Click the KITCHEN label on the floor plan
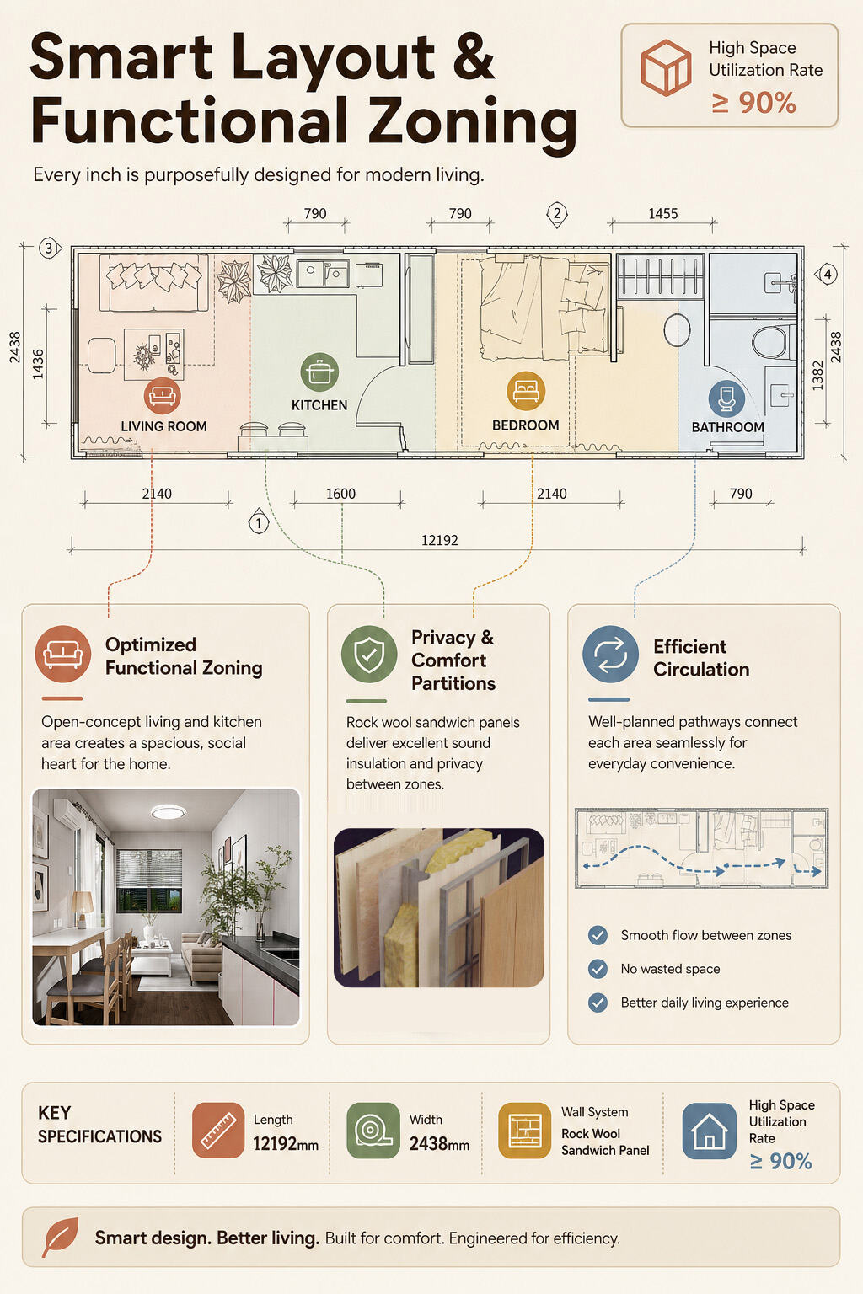point(319,405)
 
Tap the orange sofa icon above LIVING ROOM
point(163,396)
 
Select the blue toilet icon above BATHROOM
point(726,398)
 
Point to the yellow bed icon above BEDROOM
point(525,390)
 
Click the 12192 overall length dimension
point(439,540)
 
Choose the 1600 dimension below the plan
point(340,494)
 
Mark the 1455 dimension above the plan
point(662,214)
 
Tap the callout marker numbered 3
point(49,249)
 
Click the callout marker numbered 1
point(259,522)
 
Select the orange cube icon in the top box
point(666,67)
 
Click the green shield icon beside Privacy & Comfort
point(369,654)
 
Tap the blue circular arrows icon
point(610,654)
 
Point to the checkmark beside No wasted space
point(598,969)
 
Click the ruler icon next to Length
point(218,1131)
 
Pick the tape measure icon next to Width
point(373,1131)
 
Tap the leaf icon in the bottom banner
point(60,1237)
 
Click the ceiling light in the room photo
point(169,813)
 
